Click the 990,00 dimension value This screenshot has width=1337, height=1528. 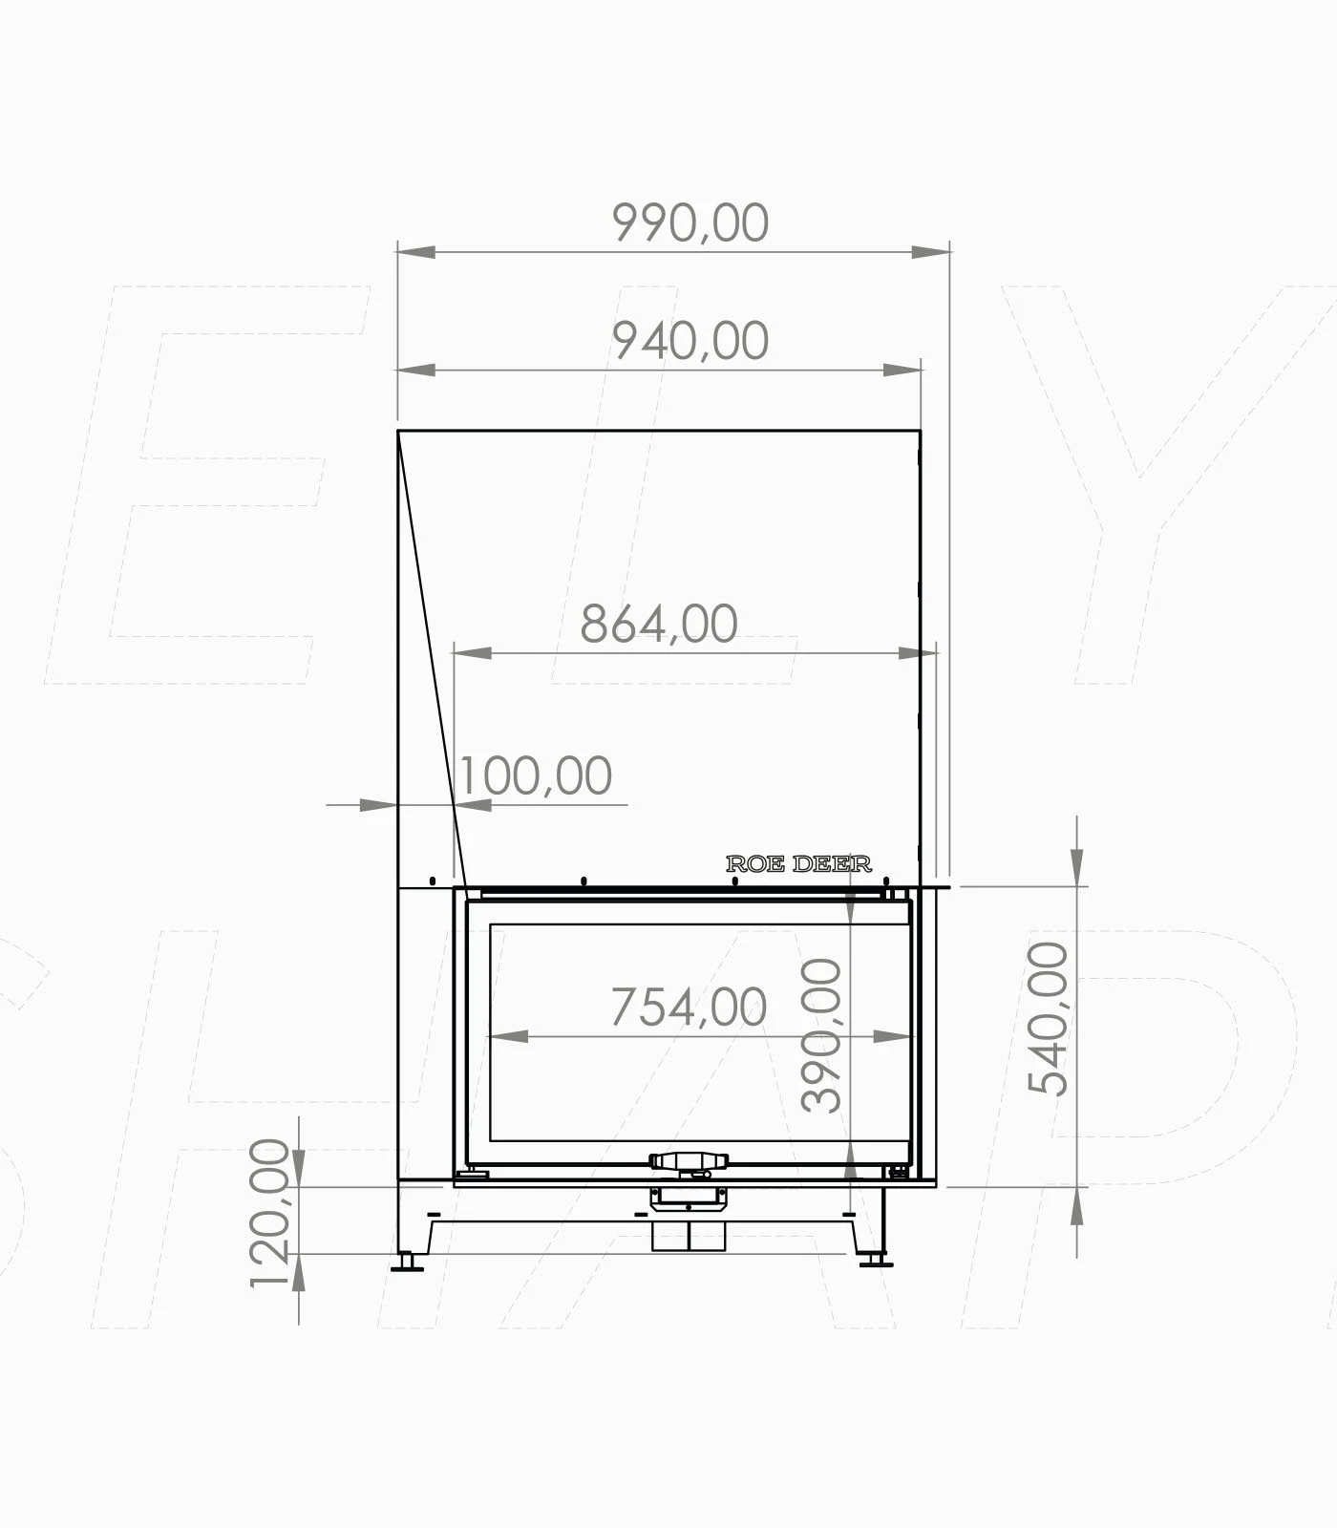point(690,223)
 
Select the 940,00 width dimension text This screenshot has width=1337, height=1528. point(690,341)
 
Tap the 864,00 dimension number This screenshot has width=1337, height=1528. point(659,625)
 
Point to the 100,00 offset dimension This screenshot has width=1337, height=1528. point(536,775)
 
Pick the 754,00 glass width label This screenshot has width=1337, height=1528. point(689,1008)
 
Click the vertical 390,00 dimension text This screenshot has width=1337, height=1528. point(821,1036)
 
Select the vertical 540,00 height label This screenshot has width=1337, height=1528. point(1048,1018)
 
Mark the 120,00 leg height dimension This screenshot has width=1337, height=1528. point(269,1214)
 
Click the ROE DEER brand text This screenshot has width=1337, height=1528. point(798,864)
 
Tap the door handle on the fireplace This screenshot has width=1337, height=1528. point(689,1161)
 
